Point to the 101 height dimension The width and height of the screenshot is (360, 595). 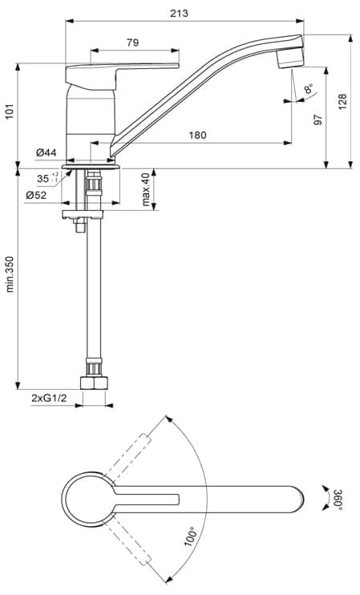click(x=10, y=110)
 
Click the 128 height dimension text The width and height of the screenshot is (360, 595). click(x=342, y=101)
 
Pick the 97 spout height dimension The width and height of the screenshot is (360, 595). click(x=318, y=119)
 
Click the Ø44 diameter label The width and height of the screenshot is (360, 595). click(x=46, y=152)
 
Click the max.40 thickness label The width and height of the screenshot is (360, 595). click(x=147, y=188)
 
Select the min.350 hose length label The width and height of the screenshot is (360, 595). click(x=10, y=275)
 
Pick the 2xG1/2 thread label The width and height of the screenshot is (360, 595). click(x=48, y=398)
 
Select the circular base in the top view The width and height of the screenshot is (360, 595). click(x=88, y=497)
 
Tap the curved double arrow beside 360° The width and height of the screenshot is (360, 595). click(x=324, y=497)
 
